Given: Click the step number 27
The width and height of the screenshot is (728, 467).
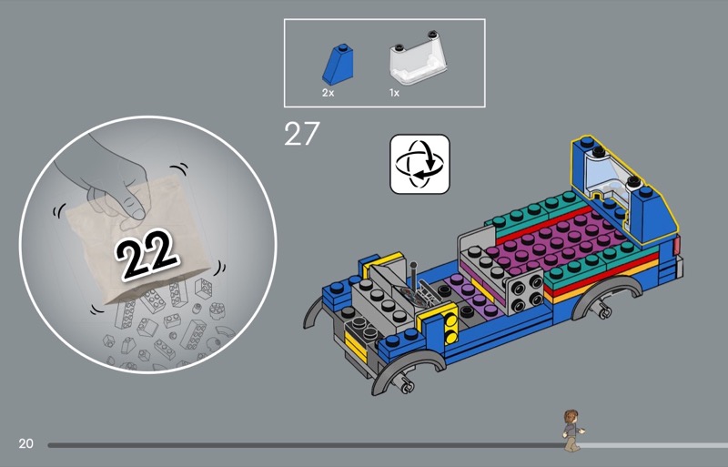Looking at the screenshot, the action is pyautogui.click(x=302, y=134).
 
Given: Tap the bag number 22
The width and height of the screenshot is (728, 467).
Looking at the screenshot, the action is pyautogui.click(x=146, y=255).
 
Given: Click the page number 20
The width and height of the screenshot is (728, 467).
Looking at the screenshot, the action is pyautogui.click(x=26, y=443).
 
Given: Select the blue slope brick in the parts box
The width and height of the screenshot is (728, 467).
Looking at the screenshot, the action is pyautogui.click(x=339, y=65).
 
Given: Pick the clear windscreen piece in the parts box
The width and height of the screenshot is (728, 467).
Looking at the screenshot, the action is pyautogui.click(x=418, y=58).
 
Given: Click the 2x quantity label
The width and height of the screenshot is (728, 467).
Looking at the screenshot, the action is pyautogui.click(x=329, y=93).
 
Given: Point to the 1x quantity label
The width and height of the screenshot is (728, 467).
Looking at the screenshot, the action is pyautogui.click(x=394, y=93).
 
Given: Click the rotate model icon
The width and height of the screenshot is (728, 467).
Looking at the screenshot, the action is pyautogui.click(x=420, y=164).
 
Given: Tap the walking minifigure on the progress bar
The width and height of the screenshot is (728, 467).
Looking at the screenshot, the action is pyautogui.click(x=573, y=430).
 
